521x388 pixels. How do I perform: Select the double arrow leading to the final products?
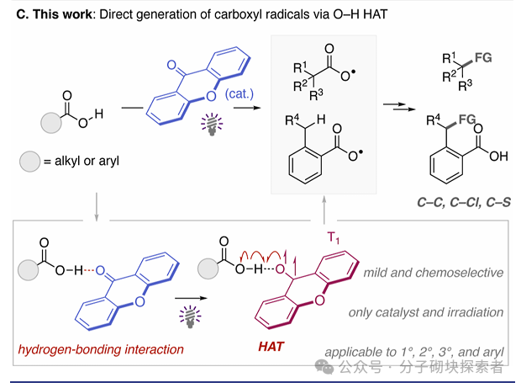coord(391,105)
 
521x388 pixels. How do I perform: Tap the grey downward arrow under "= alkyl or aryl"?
coord(98,205)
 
